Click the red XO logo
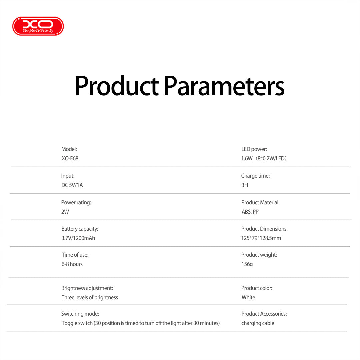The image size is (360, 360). coord(38,26)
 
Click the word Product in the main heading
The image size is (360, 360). coord(117,86)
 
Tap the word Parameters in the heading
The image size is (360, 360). coord(224,86)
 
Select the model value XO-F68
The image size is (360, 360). coord(70,159)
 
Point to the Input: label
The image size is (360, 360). coord(68,176)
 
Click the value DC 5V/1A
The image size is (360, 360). coord(72,185)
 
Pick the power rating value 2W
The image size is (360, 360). coord(65,212)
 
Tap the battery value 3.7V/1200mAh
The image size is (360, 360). coord(78,238)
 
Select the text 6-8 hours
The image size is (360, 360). coord(72,264)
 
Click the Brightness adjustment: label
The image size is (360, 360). coord(87,288)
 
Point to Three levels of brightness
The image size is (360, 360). coord(90,297)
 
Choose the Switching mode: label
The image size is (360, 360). coord(80,314)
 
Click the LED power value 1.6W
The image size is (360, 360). coord(247,159)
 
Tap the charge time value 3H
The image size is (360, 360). coord(245,185)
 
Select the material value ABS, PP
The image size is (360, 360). coord(250,212)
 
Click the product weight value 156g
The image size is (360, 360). coord(247,264)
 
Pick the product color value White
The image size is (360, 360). coord(248,297)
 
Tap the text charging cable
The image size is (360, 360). coord(258,323)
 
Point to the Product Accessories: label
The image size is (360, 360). coord(264,314)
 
